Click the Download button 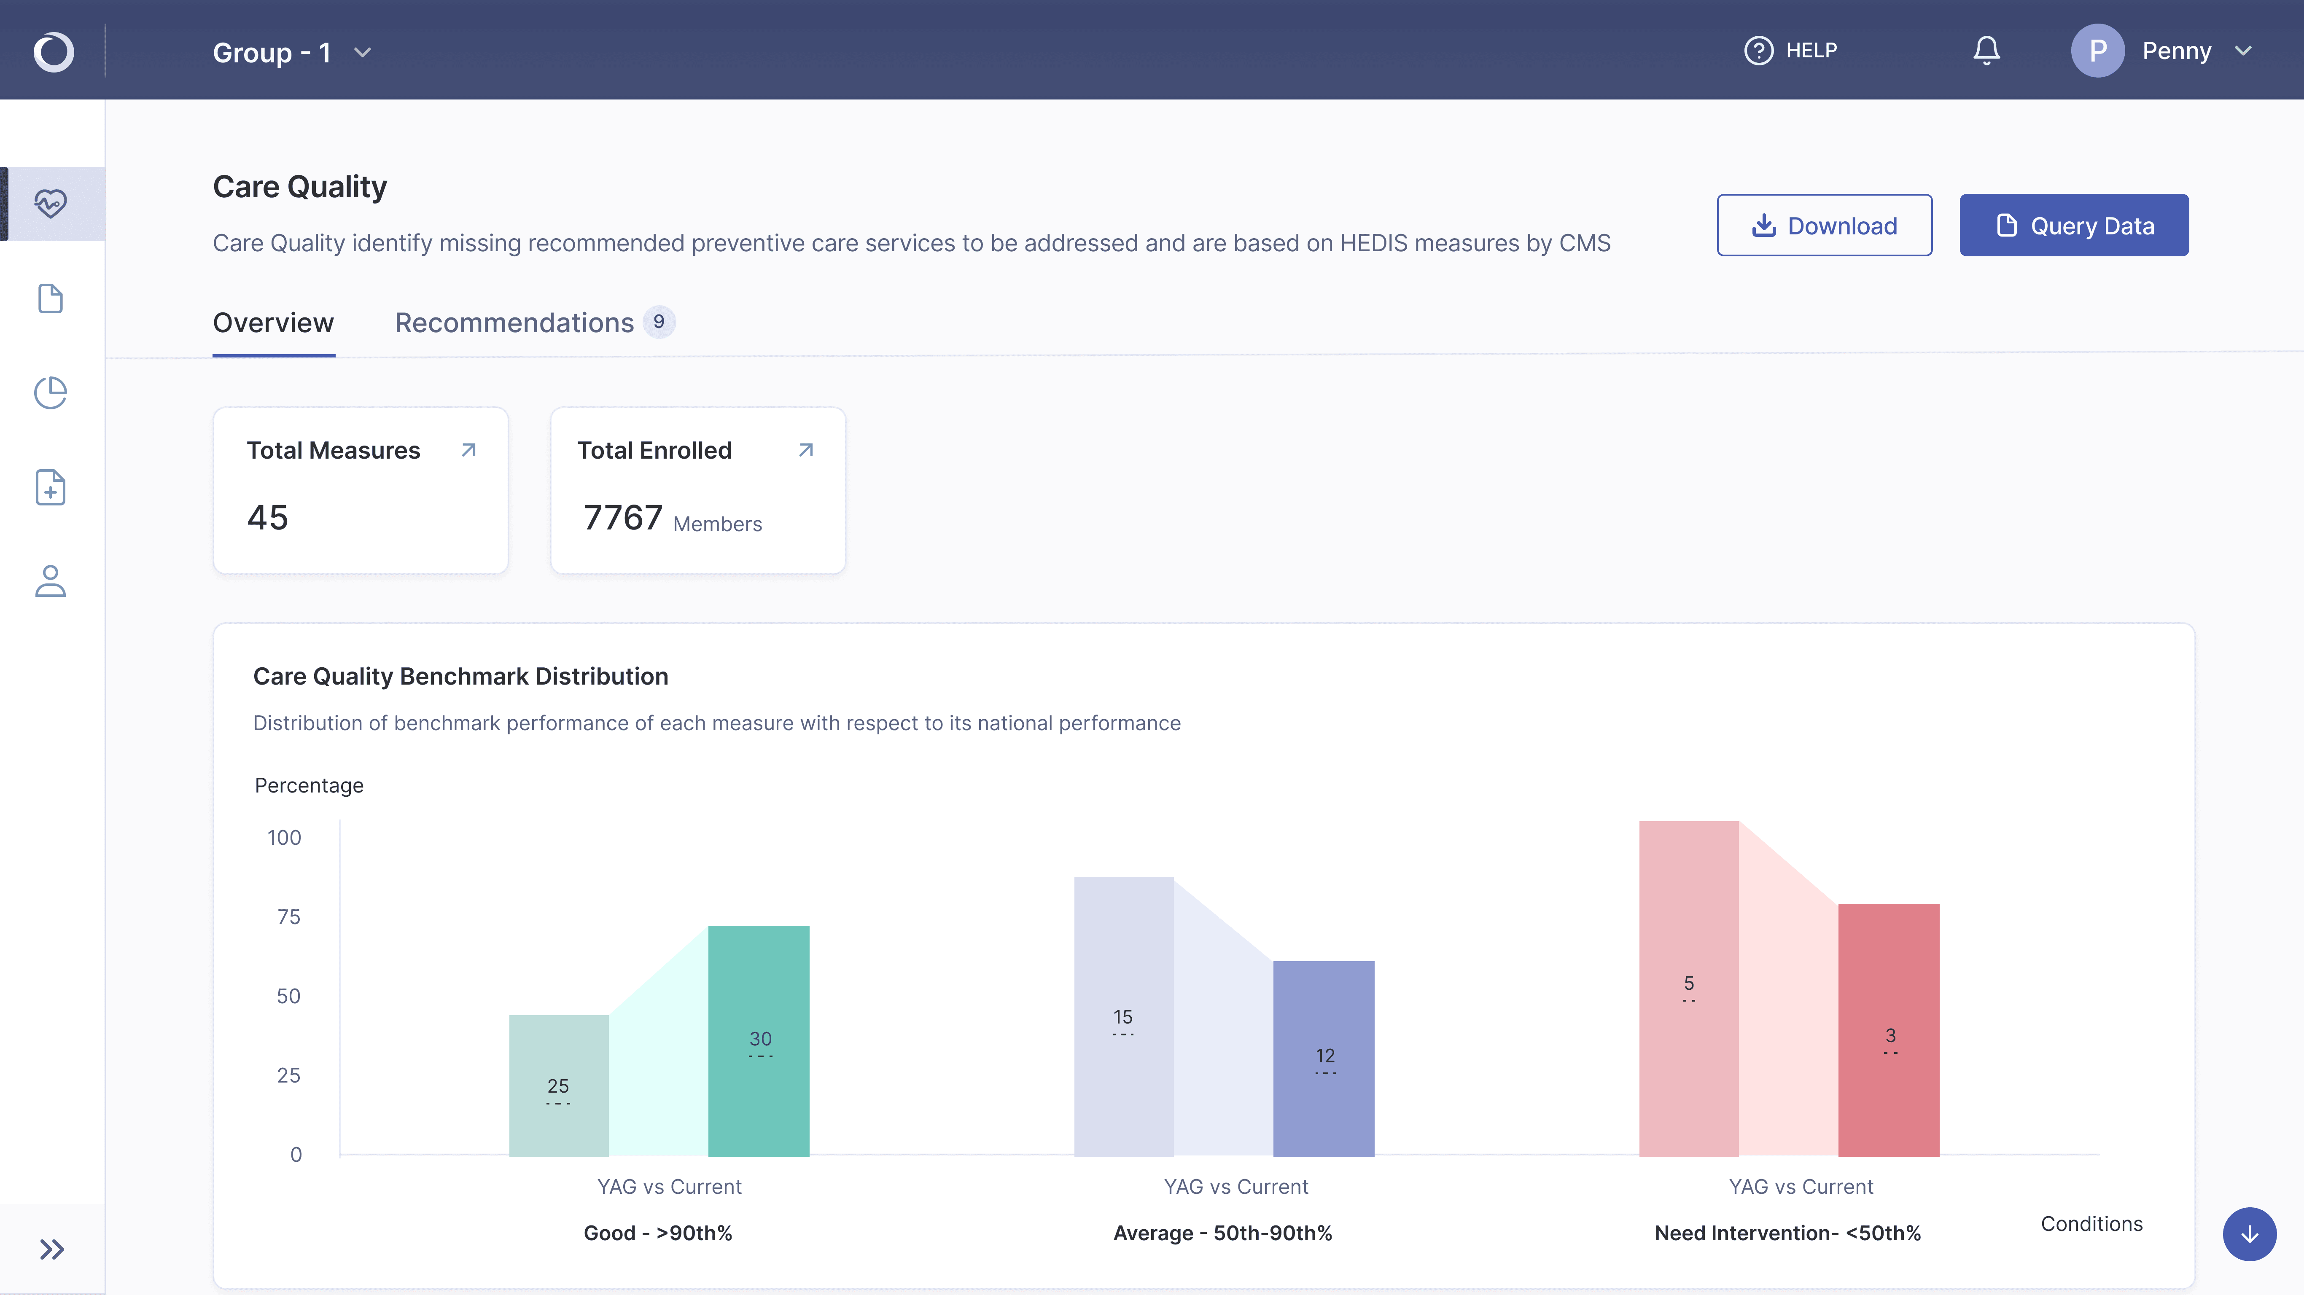pos(1824,226)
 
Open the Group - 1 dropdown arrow pos(362,53)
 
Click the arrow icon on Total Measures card pos(468,450)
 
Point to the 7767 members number pos(623,518)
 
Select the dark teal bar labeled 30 pos(759,1041)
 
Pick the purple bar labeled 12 pos(1324,1059)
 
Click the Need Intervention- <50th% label pos(1787,1233)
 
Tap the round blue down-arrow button pos(2250,1234)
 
